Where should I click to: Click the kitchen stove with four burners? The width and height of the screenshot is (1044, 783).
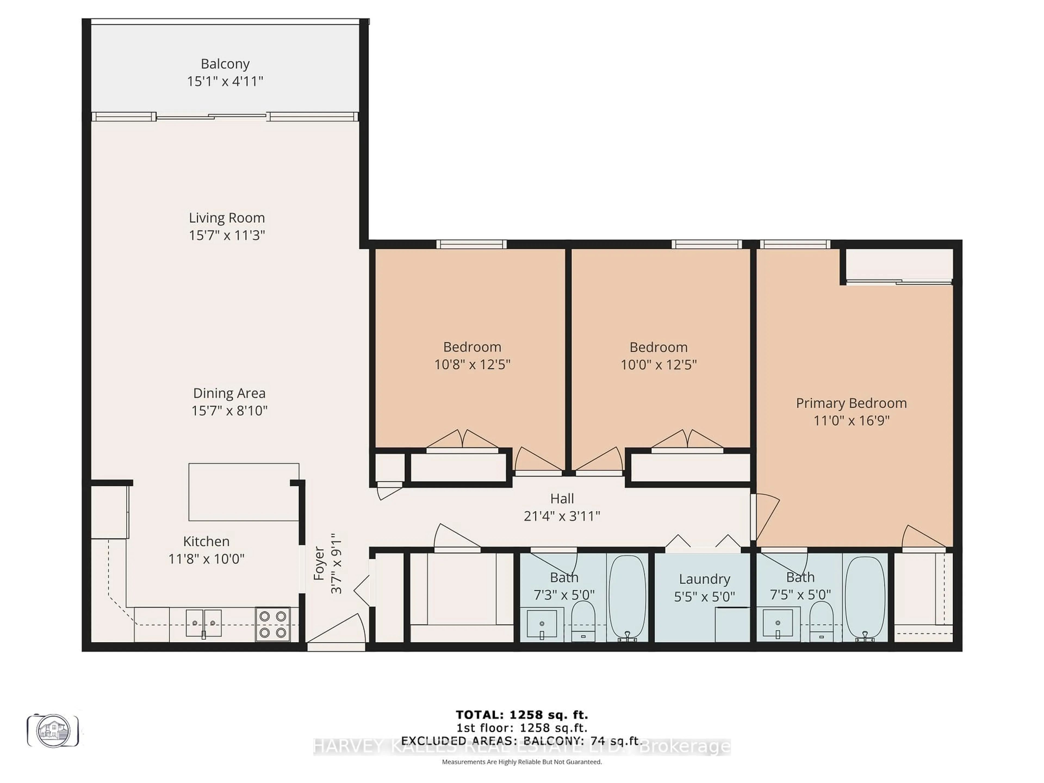272,624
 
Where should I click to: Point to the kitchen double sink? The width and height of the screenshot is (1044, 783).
203,623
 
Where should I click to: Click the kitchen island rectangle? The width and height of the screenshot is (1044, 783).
244,492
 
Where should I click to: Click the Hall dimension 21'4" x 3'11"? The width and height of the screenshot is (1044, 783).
562,516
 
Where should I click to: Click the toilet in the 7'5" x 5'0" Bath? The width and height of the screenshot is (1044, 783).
821,622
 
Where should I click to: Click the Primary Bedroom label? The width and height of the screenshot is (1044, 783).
851,403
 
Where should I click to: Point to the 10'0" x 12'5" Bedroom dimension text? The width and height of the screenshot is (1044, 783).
658,364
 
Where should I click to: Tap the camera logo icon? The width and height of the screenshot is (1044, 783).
53,731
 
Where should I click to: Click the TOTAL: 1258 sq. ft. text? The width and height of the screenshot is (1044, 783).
521,715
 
